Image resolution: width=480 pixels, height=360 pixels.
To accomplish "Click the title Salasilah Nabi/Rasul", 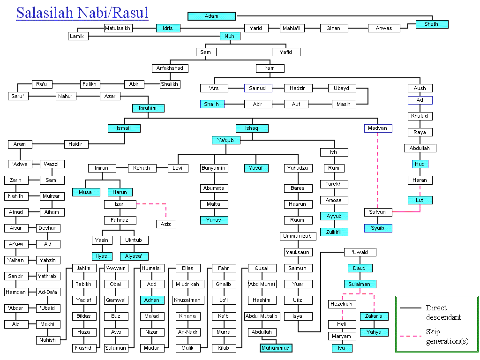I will tap(82, 13).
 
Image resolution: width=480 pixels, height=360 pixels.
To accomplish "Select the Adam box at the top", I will tap(211, 16).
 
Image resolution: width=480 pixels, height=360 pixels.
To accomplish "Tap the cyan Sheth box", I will tap(432, 24).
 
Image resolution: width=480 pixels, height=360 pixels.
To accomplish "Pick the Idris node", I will tap(168, 28).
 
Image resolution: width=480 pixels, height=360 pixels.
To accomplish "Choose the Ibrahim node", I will tap(148, 108).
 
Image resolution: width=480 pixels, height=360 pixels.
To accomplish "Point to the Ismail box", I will tap(124, 128).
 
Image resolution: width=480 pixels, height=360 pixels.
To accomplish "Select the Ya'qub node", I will tap(226, 140).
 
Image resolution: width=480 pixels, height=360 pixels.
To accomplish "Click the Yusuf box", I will tap(255, 168).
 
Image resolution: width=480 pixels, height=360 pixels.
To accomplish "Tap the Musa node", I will tap(86, 192).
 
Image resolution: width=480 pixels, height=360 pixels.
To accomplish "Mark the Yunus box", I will tap(214, 220).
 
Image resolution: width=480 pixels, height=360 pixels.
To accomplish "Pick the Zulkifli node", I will tap(334, 232).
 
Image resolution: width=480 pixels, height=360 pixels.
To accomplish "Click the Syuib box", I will tap(378, 228).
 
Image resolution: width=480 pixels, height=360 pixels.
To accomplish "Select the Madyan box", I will tap(378, 128).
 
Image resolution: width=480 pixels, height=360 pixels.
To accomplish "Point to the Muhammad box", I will tap(276, 348).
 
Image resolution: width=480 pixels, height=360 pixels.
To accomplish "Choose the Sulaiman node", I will tap(359, 284).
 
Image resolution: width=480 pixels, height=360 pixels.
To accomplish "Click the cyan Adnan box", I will tap(151, 300).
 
